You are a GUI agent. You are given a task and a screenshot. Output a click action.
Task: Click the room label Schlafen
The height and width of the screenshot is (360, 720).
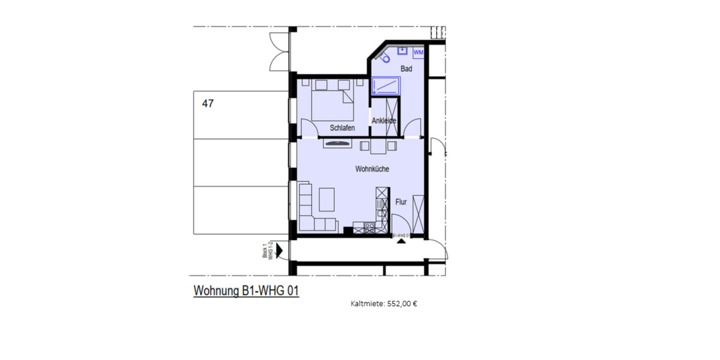point(342,128)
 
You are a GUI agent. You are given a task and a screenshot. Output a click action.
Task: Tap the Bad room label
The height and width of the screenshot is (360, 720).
point(406,69)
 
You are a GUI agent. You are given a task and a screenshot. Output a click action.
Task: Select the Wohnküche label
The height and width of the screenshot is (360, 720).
point(372,169)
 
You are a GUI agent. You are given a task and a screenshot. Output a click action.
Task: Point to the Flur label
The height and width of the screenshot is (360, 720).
point(401,202)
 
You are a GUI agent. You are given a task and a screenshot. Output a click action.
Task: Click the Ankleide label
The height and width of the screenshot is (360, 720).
point(384,121)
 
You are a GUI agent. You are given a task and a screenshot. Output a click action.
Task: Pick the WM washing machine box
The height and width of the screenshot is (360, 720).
point(419,53)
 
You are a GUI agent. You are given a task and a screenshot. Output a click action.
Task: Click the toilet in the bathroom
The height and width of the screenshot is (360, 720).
point(385,58)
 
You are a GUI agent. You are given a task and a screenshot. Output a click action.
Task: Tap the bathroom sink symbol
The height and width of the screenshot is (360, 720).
point(403,51)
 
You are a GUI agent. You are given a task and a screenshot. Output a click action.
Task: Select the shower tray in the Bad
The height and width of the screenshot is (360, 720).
point(386,86)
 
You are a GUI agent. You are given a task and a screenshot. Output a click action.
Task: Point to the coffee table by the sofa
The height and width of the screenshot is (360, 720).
point(327,199)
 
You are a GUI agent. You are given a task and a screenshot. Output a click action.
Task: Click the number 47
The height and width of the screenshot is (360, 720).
point(208,103)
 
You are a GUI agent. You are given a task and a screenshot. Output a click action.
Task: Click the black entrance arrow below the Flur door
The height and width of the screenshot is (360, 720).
point(400,241)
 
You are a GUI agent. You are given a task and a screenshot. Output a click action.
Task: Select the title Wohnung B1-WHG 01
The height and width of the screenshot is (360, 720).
point(246,291)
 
